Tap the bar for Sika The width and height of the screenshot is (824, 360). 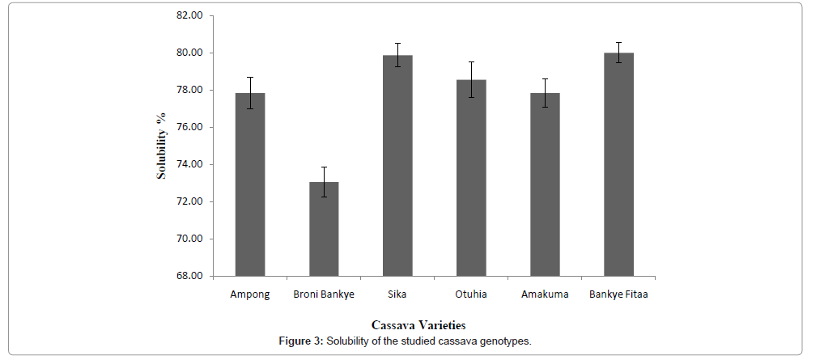(397, 166)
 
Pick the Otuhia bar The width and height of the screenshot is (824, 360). (471, 178)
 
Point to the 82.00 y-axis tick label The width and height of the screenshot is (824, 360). (188, 15)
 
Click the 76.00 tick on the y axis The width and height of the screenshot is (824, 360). (188, 127)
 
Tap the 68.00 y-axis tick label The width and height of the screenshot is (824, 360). (188, 276)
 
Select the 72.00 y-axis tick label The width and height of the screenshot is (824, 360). (188, 201)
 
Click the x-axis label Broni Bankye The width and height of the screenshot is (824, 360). (324, 294)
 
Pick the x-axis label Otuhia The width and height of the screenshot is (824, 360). (471, 294)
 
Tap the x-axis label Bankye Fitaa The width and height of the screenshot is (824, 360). (618, 294)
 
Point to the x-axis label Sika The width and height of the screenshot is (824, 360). (397, 294)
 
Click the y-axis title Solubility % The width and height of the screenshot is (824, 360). (161, 146)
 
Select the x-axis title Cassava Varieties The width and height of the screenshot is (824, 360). (418, 325)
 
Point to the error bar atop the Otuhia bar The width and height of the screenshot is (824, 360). (471, 79)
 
